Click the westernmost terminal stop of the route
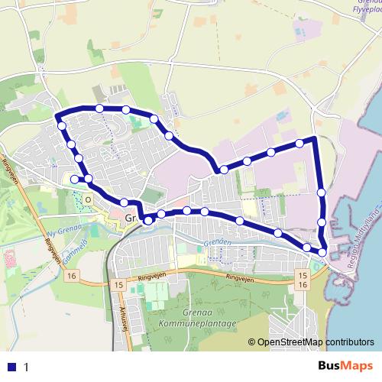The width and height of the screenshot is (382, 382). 74,179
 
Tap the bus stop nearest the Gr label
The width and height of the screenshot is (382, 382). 147,219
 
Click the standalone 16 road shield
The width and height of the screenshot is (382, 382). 72,275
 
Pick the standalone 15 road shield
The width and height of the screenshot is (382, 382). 117,284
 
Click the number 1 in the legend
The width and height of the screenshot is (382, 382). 26,367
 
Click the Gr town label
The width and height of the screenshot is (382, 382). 129,219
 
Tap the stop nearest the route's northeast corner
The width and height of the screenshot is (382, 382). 299,143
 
